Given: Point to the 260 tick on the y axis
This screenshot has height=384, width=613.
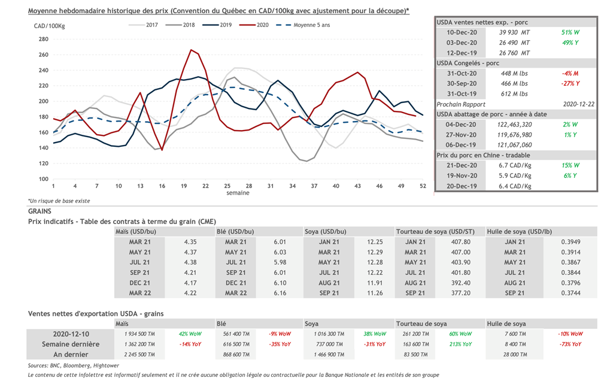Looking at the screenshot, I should [x=43, y=55].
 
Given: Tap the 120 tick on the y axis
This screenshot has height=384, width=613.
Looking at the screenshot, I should [x=43, y=163].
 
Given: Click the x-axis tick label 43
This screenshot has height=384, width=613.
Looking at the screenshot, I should [x=357, y=186].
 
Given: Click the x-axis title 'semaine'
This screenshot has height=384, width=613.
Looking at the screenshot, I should [x=238, y=193].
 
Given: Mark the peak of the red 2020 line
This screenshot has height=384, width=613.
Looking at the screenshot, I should [x=191, y=50].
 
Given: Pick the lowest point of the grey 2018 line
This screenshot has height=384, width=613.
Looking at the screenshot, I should [x=307, y=161].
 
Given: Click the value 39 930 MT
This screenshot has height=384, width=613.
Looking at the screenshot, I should [x=515, y=32].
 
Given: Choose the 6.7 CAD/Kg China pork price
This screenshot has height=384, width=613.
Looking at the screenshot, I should [x=515, y=165].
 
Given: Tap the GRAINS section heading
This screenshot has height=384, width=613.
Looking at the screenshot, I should [x=40, y=211].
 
